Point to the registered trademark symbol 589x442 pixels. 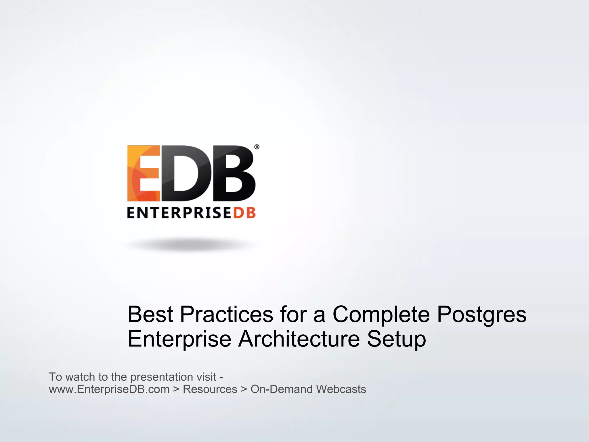point(257,147)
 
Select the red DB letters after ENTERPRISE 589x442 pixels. point(244,213)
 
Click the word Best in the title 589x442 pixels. point(150,314)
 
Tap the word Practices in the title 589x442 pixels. point(227,314)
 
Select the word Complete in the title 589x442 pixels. point(381,314)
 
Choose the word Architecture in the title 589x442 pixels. point(299,339)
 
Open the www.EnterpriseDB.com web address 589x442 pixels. point(109,389)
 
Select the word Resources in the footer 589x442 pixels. point(210,389)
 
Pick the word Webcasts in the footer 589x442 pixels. point(341,389)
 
